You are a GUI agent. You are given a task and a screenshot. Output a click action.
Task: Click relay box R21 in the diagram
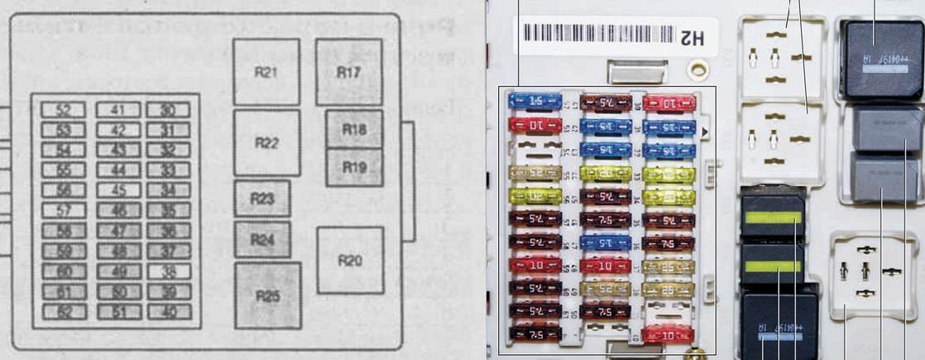pos(266,72)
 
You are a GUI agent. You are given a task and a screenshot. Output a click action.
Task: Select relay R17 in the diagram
pos(348,72)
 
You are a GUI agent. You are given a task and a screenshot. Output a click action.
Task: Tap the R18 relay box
pos(353,130)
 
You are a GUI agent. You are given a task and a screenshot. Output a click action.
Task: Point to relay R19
pos(353,167)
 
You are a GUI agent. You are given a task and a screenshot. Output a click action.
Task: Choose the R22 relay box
pos(266,142)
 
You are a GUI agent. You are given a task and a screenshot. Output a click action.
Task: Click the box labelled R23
pos(261,199)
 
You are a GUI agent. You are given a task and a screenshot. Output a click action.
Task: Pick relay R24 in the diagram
pos(261,240)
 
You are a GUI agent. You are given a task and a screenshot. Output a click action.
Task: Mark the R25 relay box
pos(266,295)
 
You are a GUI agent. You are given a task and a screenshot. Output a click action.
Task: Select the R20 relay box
pos(350,261)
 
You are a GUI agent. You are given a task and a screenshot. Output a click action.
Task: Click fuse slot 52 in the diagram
pos(63,110)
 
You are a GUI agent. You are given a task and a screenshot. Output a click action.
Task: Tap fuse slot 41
pos(117,110)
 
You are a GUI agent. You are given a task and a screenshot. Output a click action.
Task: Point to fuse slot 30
pos(168,110)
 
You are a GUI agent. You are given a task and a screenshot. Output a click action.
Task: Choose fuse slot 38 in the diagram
pos(168,271)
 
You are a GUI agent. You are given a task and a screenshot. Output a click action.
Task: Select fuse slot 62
pos(63,311)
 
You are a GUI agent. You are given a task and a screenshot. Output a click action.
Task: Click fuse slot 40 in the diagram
pos(168,311)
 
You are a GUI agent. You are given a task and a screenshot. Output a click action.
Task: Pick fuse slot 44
pos(117,170)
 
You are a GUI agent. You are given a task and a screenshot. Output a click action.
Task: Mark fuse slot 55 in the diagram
pos(63,170)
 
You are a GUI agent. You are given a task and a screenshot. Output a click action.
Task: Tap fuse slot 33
pos(168,170)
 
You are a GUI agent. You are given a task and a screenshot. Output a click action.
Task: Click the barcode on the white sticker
pos(596,35)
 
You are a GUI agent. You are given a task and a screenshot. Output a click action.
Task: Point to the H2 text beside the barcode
pos(692,37)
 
